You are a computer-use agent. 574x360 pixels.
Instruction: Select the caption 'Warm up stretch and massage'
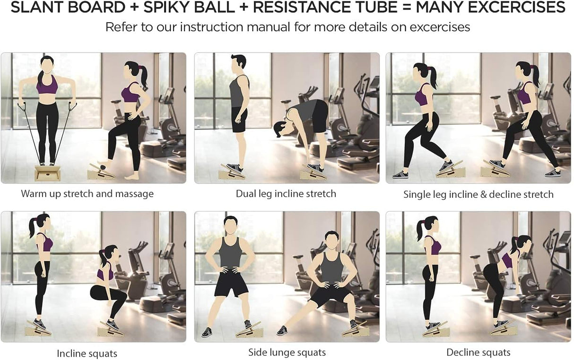click(x=87, y=193)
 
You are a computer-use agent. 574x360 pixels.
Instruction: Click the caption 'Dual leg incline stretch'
click(x=286, y=193)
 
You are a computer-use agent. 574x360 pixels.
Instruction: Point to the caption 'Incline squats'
click(x=87, y=353)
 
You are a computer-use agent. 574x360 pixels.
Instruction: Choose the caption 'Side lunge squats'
click(x=287, y=352)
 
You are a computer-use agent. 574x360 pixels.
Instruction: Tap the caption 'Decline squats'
click(x=478, y=352)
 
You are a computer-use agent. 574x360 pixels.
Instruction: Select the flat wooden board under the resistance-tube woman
click(x=48, y=173)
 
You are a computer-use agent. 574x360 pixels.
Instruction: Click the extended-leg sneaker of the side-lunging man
click(x=282, y=330)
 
